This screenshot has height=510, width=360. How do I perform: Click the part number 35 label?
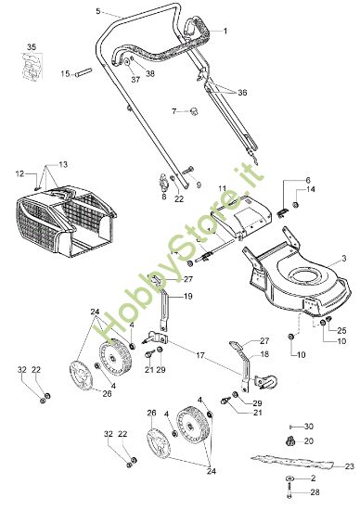32,45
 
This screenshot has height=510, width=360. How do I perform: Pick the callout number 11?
222,189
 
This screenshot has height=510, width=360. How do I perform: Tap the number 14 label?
311,189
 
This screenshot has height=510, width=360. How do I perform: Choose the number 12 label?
19,172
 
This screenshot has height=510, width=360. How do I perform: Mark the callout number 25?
341,330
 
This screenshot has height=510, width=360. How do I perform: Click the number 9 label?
197,185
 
